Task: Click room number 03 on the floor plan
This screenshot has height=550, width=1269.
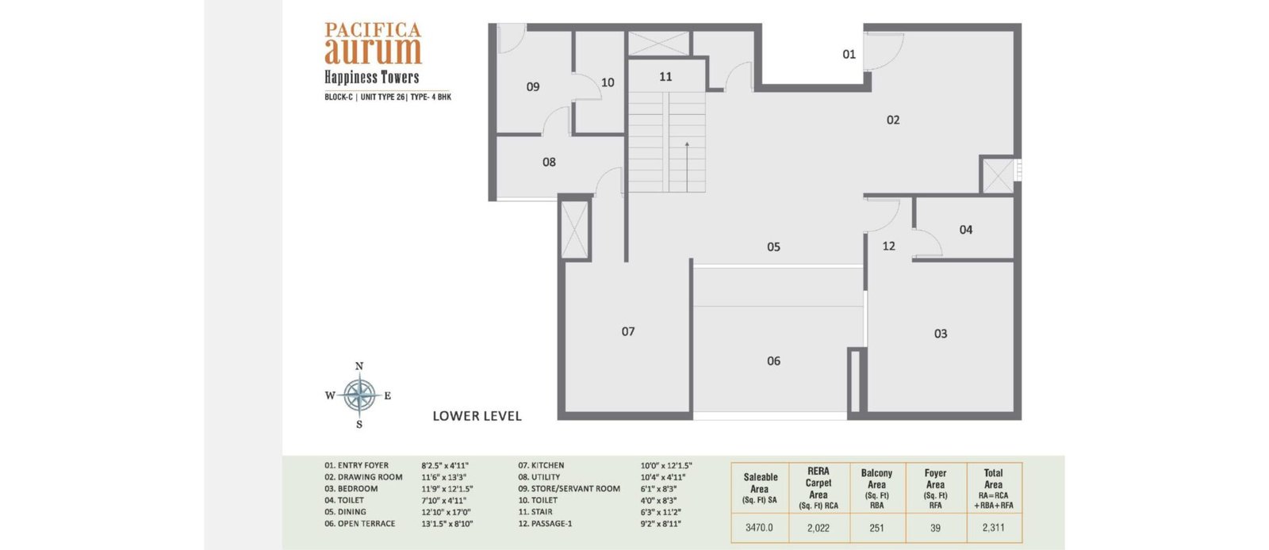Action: click(x=941, y=334)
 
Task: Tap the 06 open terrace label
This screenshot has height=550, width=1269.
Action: click(x=773, y=361)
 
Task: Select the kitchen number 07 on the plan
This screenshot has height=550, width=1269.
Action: click(x=627, y=331)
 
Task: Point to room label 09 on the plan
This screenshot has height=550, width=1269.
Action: click(x=532, y=87)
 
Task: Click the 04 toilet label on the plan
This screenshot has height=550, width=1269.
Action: click(x=966, y=230)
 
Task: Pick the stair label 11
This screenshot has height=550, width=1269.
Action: click(x=665, y=76)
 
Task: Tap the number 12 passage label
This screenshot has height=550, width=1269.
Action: click(x=889, y=246)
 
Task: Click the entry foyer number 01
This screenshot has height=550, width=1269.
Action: click(x=849, y=55)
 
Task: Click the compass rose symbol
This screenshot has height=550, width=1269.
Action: click(x=359, y=395)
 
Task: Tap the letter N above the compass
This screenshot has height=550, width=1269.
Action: click(x=359, y=366)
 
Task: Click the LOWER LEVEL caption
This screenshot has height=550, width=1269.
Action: click(x=477, y=416)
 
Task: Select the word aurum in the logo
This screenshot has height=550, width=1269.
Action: click(x=373, y=52)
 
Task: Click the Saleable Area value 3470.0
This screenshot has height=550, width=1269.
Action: click(x=759, y=528)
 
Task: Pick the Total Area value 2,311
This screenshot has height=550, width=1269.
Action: click(x=993, y=528)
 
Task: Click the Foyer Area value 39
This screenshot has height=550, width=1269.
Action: click(x=935, y=528)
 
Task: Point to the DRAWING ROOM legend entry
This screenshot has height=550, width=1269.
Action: click(x=364, y=477)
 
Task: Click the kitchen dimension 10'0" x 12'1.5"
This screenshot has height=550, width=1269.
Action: click(x=666, y=466)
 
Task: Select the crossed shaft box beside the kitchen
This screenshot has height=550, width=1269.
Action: click(x=574, y=229)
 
